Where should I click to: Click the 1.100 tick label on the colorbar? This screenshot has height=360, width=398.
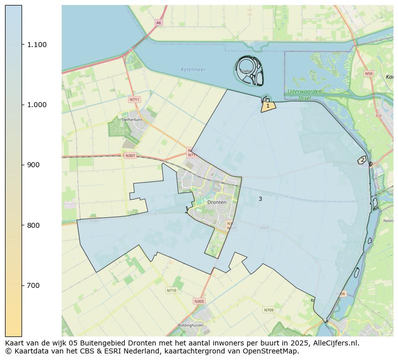click(x=37, y=45)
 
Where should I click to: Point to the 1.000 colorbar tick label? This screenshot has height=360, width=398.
click(x=37, y=105)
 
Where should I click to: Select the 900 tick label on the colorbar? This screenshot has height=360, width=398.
click(x=33, y=165)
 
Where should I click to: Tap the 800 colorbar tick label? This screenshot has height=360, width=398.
click(x=33, y=225)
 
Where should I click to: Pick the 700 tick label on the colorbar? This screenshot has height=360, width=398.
click(x=33, y=285)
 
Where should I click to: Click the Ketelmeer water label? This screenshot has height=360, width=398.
click(x=193, y=70)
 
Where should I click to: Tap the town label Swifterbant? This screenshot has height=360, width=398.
click(x=131, y=120)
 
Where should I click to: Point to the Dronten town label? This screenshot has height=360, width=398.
click(x=217, y=202)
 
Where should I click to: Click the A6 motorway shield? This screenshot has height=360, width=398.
click(x=158, y=23)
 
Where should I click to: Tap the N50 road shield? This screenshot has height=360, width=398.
click(x=368, y=74)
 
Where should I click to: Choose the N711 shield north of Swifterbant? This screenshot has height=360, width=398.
click(x=134, y=99)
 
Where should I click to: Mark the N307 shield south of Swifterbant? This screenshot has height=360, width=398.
click(x=130, y=156)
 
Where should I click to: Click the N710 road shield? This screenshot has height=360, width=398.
click(x=171, y=290)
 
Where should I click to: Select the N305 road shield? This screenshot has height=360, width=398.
click(x=199, y=301)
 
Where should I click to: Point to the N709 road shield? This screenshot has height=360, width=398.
click(x=269, y=310)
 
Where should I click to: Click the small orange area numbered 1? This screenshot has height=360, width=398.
click(x=268, y=106)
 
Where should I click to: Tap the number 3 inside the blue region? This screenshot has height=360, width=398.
click(x=260, y=199)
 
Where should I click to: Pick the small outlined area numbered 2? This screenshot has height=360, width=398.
click(x=362, y=160)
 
